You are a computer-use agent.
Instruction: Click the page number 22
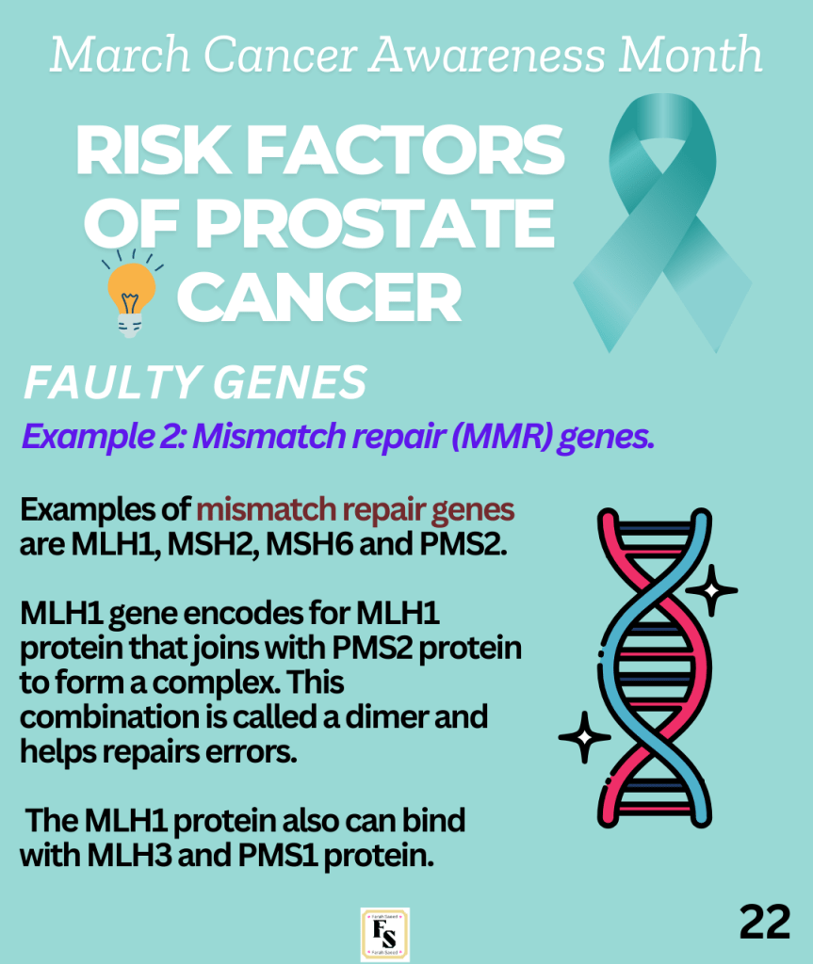[x=764, y=922]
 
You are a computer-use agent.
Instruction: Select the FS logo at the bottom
[x=384, y=934]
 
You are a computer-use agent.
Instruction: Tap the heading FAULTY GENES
[x=194, y=382]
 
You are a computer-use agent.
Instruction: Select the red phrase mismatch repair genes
[x=355, y=510]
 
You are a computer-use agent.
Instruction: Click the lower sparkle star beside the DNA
[x=585, y=737]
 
